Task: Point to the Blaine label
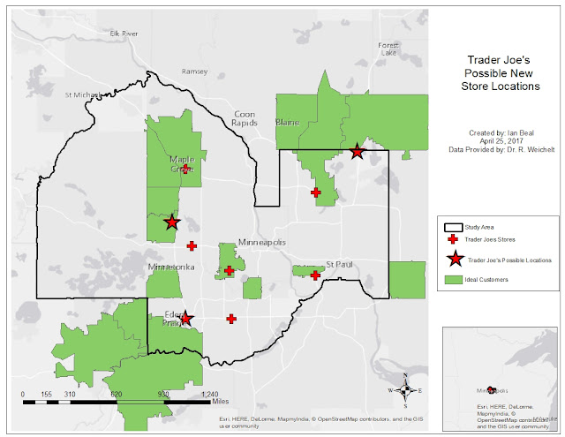(288, 122)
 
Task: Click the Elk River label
(124, 34)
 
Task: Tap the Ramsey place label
(193, 72)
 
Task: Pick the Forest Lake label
(388, 49)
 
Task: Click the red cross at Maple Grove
(185, 170)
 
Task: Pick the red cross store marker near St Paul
(315, 275)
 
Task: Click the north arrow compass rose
(404, 388)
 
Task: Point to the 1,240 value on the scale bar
(210, 394)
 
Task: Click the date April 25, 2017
(497, 139)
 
